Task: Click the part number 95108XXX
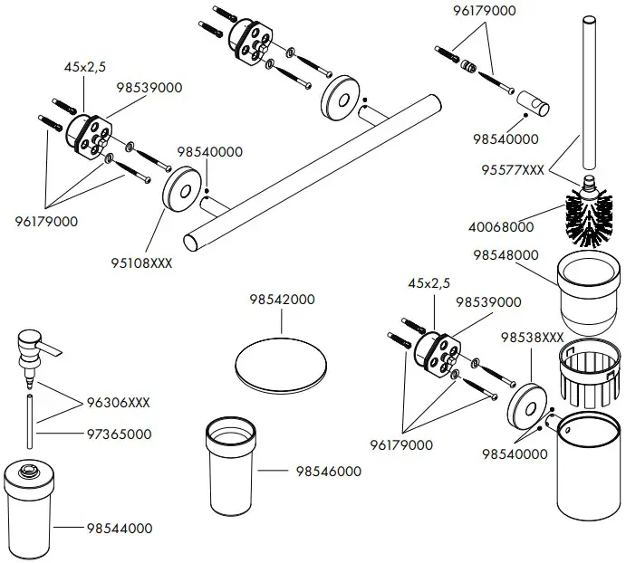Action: (x=141, y=263)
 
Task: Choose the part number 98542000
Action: (x=282, y=300)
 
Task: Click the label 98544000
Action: (x=120, y=529)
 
